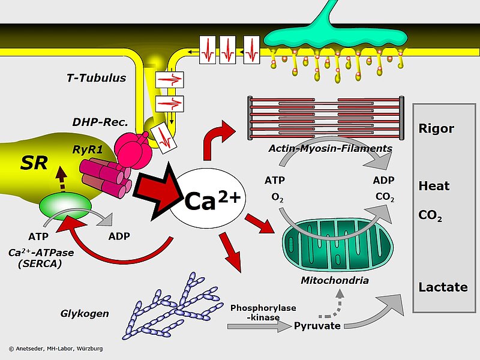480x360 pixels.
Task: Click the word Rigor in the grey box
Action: pyautogui.click(x=436, y=128)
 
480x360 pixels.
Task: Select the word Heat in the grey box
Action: pyautogui.click(x=434, y=186)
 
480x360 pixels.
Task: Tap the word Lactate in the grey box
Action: pyautogui.click(x=443, y=287)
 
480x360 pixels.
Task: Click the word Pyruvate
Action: pyautogui.click(x=317, y=326)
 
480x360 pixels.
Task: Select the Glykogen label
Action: pyautogui.click(x=85, y=313)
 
